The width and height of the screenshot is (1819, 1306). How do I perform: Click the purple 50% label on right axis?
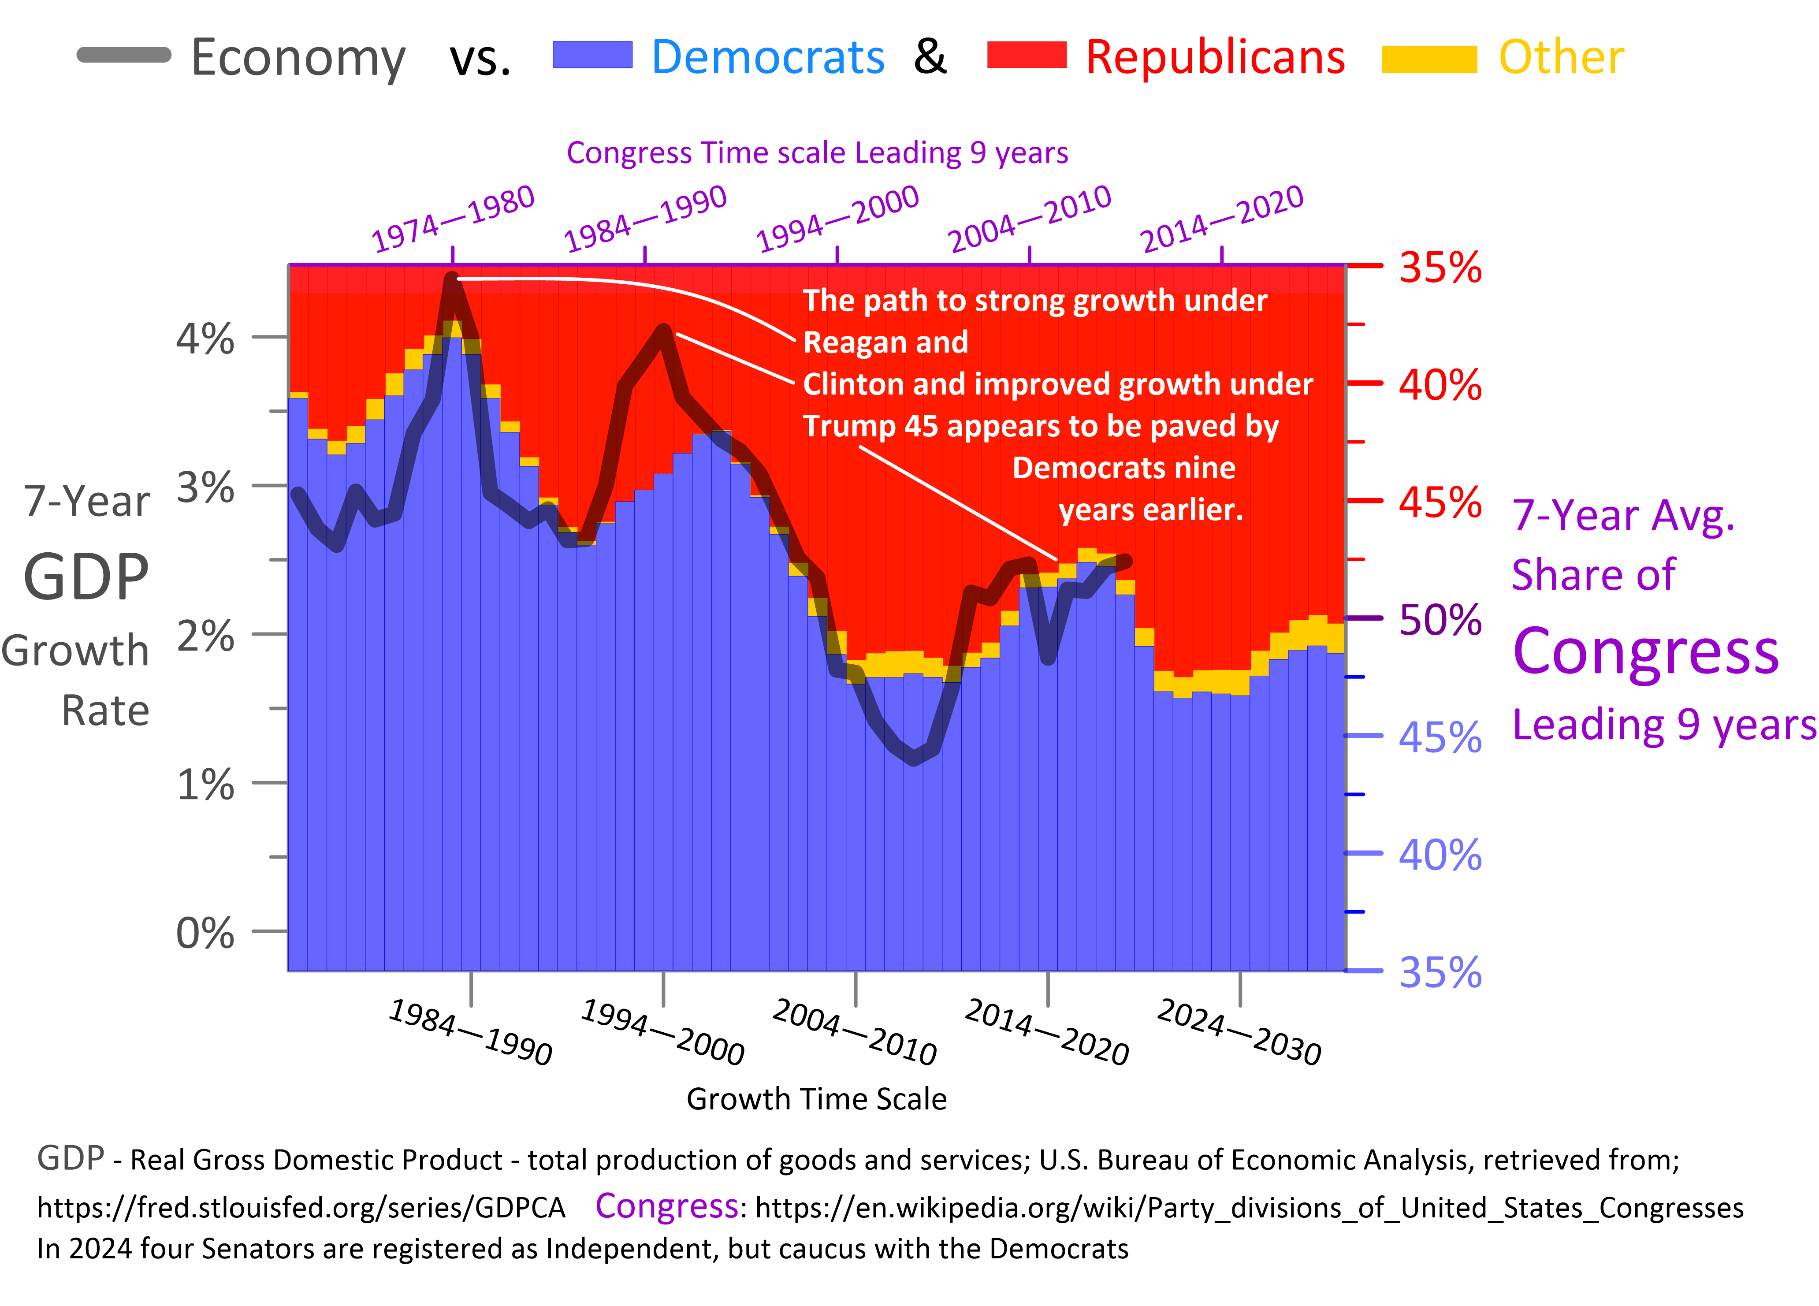(1440, 619)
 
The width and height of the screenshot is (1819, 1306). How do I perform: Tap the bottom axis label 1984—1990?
(471, 1032)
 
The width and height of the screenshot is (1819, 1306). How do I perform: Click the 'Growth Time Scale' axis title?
(816, 1098)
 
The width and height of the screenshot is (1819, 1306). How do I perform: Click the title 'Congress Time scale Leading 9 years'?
(816, 153)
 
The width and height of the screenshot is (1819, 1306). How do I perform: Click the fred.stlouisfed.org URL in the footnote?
(301, 1207)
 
